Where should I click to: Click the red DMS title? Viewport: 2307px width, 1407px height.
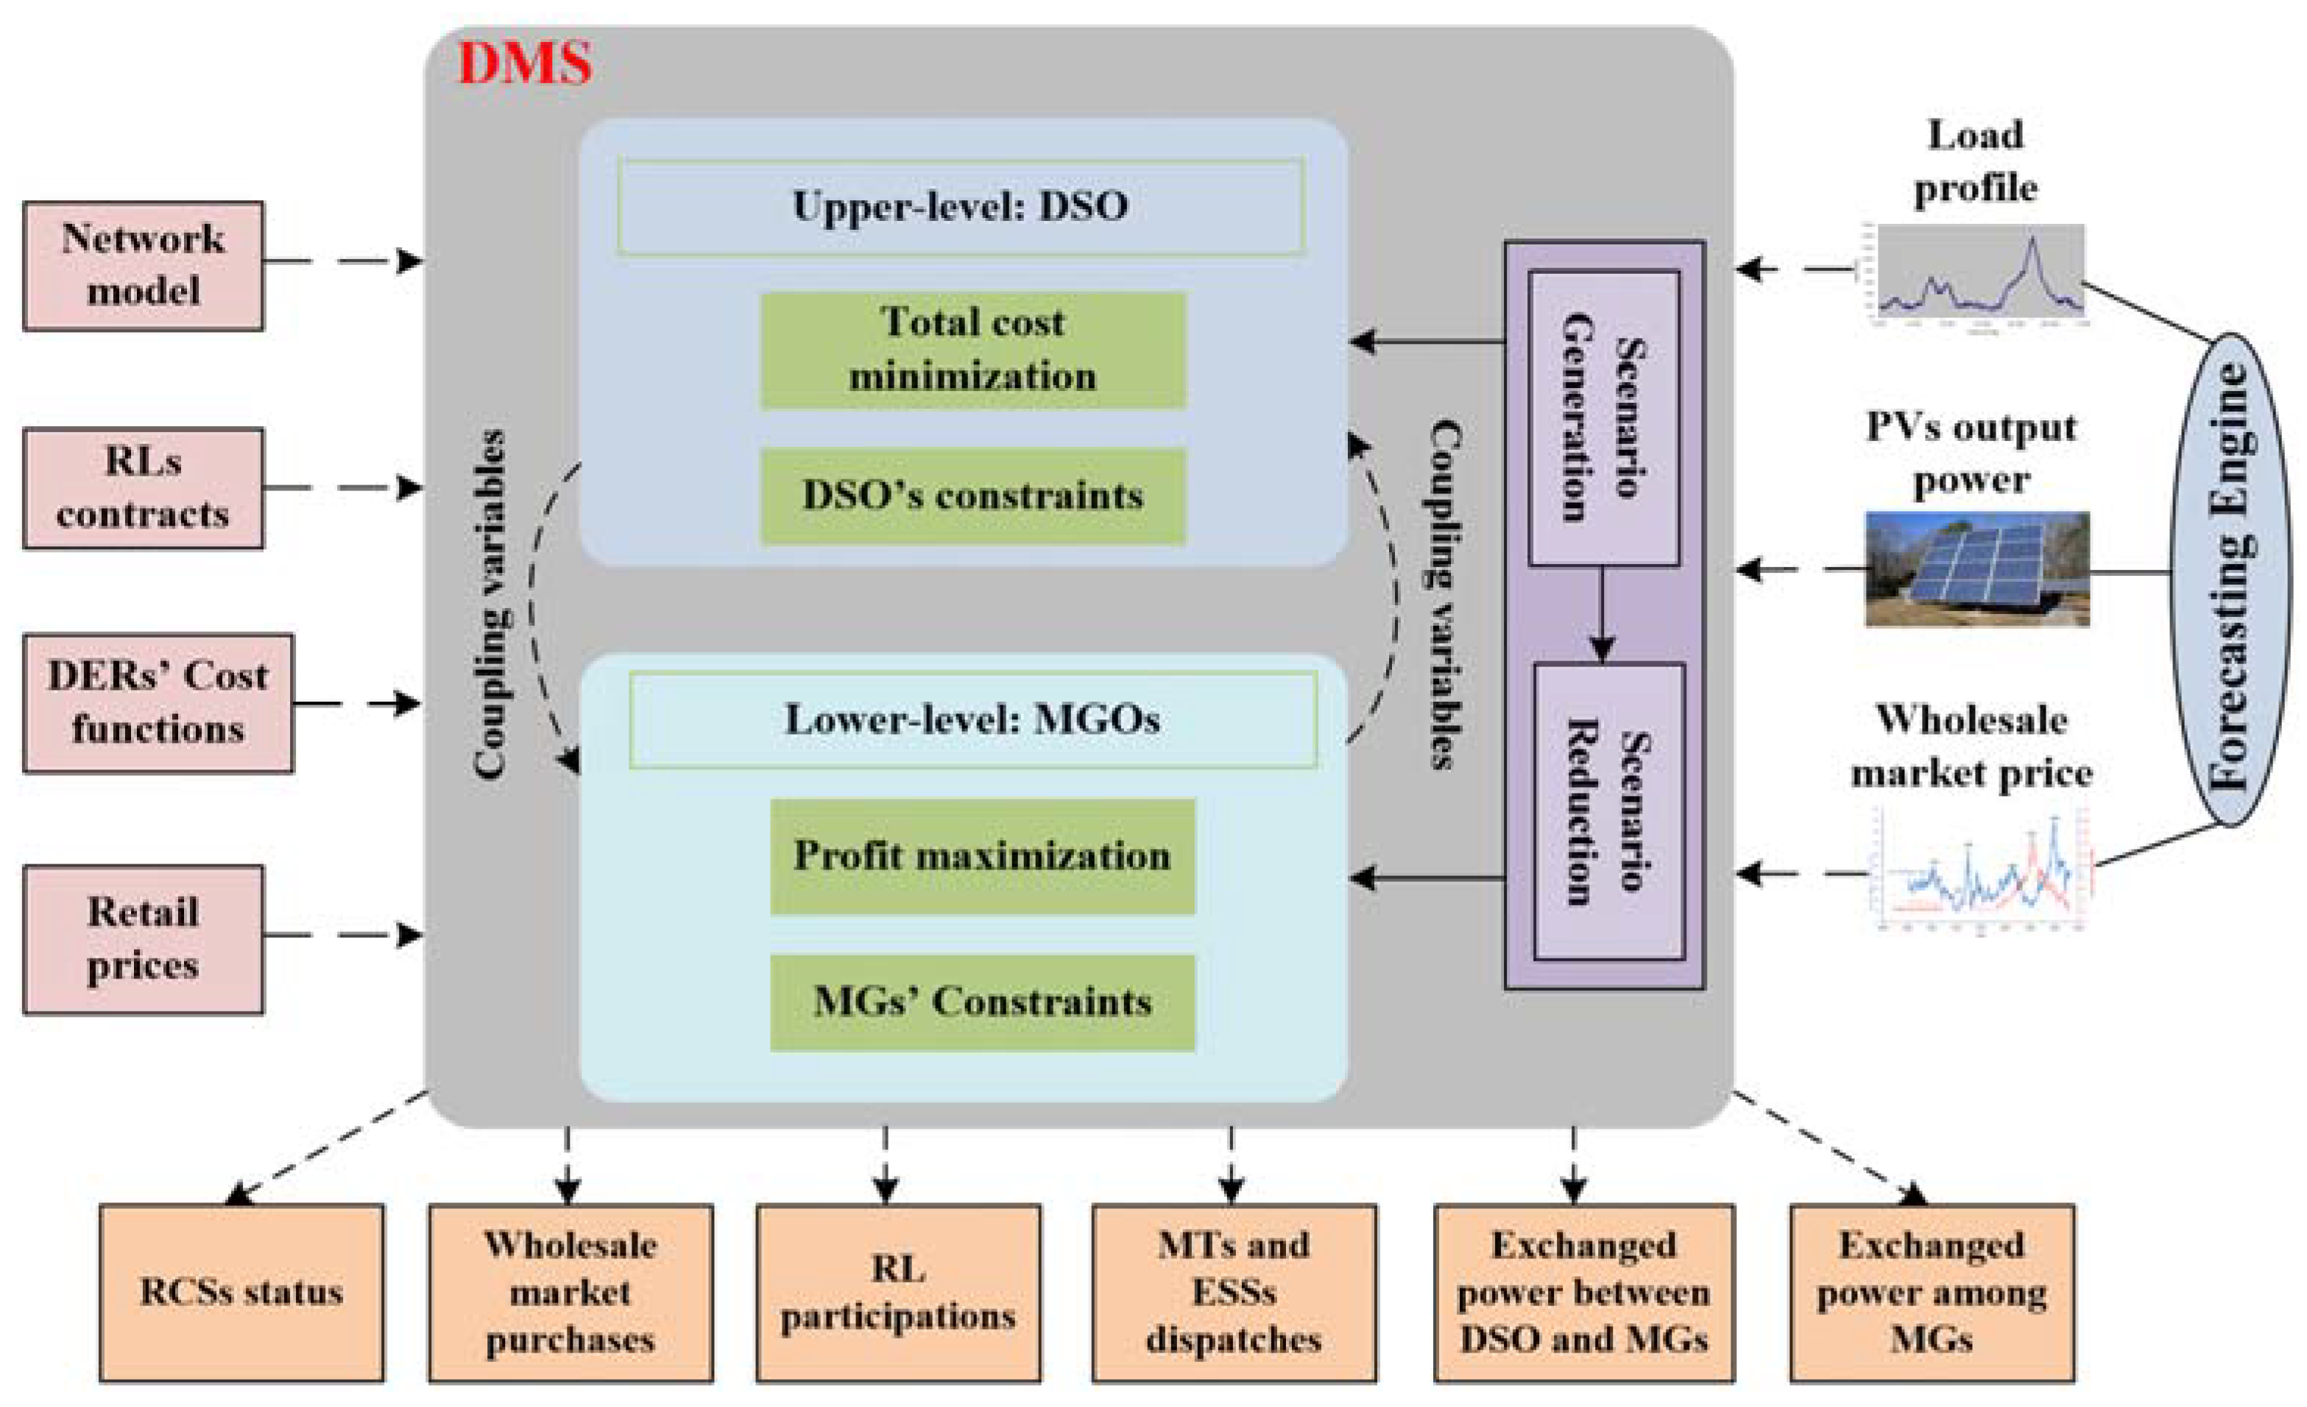click(x=524, y=64)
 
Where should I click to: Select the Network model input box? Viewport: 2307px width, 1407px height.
click(x=144, y=266)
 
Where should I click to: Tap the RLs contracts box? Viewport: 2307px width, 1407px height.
click(x=144, y=488)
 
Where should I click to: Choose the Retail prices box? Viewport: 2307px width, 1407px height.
click(x=144, y=939)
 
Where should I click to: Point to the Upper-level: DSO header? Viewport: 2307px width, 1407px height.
click(x=961, y=207)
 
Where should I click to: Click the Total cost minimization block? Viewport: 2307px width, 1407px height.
click(x=973, y=350)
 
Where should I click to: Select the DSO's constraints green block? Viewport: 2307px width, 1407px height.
click(x=973, y=496)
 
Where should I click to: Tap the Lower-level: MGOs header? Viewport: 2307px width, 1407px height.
click(x=973, y=720)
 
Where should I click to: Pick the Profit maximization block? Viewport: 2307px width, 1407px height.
click(x=982, y=856)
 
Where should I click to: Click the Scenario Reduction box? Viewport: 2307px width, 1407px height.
click(x=1608, y=811)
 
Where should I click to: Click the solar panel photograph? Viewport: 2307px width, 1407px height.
click(x=1977, y=568)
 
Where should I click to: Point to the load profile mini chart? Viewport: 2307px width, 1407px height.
click(x=1980, y=274)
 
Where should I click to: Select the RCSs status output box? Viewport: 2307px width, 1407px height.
click(x=241, y=1293)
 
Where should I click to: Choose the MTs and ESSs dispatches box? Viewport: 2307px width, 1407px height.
click(x=1234, y=1293)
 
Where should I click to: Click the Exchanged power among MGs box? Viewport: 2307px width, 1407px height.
click(x=1932, y=1293)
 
